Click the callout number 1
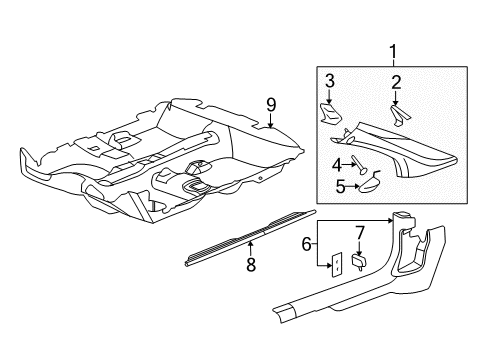pyautogui.click(x=392, y=51)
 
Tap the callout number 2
pyautogui.click(x=395, y=82)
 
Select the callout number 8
pyautogui.click(x=250, y=265)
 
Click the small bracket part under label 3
pyautogui.click(x=331, y=113)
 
